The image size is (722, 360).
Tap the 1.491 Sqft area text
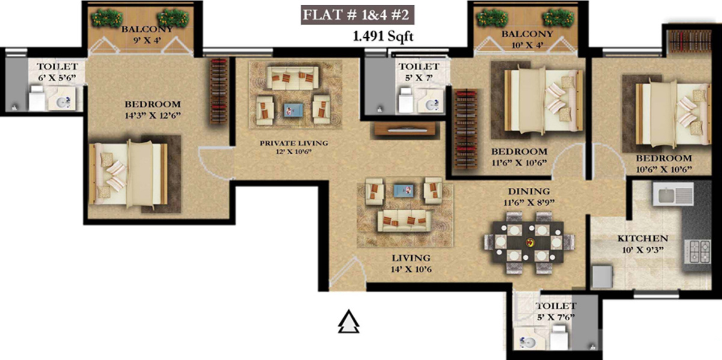384,37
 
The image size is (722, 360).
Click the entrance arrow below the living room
349,323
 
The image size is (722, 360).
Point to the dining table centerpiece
529,243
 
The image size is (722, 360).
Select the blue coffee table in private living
293,110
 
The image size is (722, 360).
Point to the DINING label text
529,191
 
